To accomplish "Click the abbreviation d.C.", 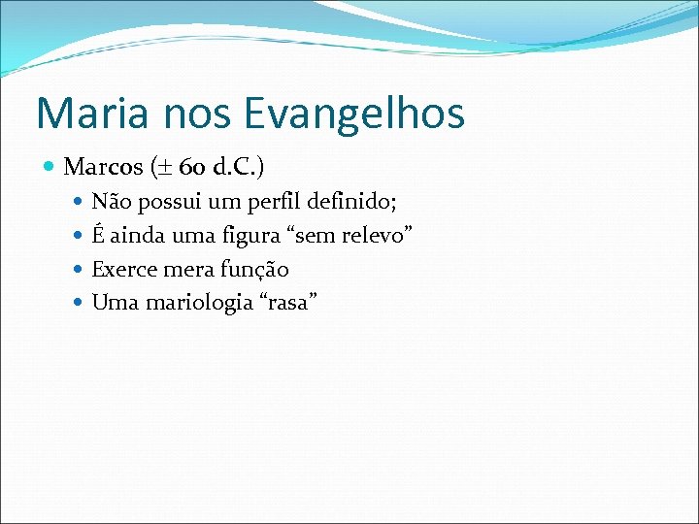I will pyautogui.click(x=234, y=167).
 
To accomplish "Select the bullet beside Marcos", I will pyautogui.click(x=50, y=168).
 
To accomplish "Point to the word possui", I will pyautogui.click(x=171, y=202).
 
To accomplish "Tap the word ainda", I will pyautogui.click(x=138, y=236).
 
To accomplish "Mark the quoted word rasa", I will pyautogui.click(x=287, y=303).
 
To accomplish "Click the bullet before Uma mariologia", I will pyautogui.click(x=80, y=304).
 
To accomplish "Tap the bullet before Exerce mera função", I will pyautogui.click(x=80, y=270).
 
